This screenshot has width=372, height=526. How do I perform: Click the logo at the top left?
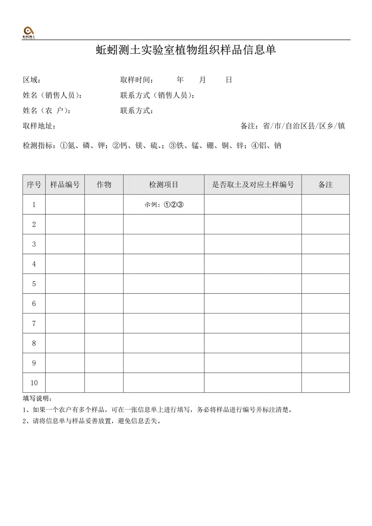[x=29, y=33]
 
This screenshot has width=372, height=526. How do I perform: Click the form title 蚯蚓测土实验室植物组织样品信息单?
[x=186, y=50]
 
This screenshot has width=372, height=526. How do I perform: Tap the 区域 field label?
[x=31, y=80]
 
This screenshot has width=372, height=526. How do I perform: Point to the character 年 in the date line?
[x=180, y=80]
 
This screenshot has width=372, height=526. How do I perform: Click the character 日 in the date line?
[x=229, y=80]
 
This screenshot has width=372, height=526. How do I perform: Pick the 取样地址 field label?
[x=38, y=126]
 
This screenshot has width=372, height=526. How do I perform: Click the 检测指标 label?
[x=39, y=146]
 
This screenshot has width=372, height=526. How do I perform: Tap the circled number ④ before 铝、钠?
[x=255, y=146]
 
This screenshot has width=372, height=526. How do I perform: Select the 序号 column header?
[x=34, y=185]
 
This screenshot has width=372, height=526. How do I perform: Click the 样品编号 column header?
[x=65, y=185]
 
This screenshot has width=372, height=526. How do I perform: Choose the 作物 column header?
[x=104, y=185]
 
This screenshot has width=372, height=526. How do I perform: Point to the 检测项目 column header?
[x=163, y=185]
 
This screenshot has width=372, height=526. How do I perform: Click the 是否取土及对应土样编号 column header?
[x=253, y=185]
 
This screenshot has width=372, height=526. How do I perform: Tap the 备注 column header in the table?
[x=325, y=185]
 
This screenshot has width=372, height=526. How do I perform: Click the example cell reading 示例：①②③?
[x=164, y=205]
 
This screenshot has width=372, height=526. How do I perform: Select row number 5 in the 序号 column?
[x=34, y=284]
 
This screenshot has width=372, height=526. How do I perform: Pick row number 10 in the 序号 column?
[x=34, y=383]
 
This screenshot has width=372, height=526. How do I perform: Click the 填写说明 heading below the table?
[x=37, y=398]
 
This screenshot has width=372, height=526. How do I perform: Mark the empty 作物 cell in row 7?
[x=104, y=323]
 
